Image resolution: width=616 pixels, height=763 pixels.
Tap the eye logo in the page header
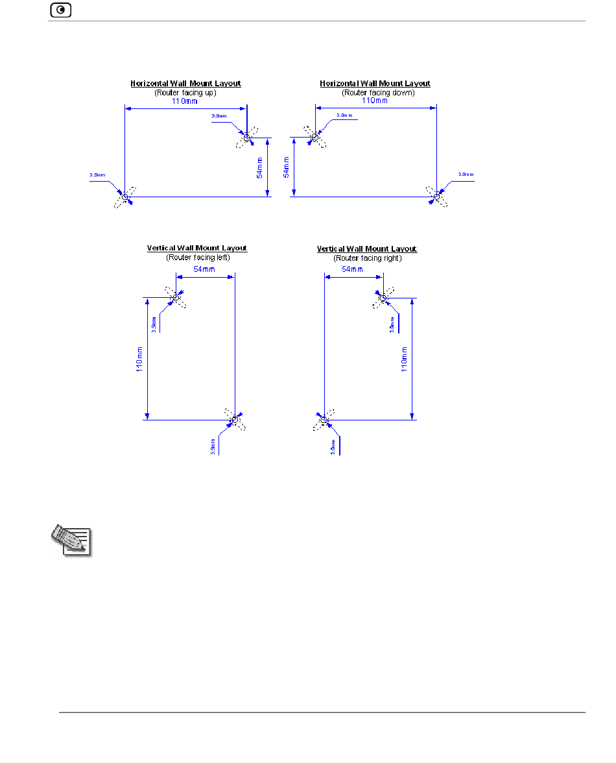pyautogui.click(x=60, y=10)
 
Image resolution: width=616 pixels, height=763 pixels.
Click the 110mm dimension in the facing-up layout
pyautogui.click(x=185, y=102)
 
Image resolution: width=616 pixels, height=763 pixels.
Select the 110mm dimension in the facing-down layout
pyautogui.click(x=375, y=101)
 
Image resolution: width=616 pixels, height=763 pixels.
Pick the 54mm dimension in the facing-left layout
pyautogui.click(x=205, y=270)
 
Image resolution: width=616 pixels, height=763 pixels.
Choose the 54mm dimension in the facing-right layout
pyautogui.click(x=353, y=270)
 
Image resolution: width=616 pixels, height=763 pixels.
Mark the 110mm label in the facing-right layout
pyautogui.click(x=403, y=359)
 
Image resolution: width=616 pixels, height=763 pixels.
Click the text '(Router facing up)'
pyautogui.click(x=185, y=93)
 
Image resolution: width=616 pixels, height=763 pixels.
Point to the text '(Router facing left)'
pyautogui.click(x=197, y=258)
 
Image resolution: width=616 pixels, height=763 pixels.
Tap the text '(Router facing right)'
pyautogui.click(x=367, y=258)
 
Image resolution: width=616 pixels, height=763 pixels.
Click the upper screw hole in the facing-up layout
pyautogui.click(x=247, y=137)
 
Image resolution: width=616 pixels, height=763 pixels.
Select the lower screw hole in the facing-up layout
pyautogui.click(x=125, y=197)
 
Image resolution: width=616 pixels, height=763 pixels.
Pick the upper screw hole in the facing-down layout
pyautogui.click(x=315, y=137)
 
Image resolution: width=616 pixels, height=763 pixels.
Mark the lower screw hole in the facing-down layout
pyautogui.click(x=436, y=197)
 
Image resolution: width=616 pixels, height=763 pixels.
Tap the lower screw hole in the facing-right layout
pyautogui.click(x=324, y=420)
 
